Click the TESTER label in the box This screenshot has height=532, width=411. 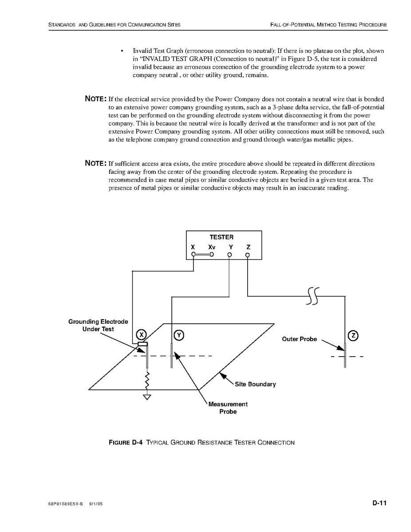pyautogui.click(x=221, y=237)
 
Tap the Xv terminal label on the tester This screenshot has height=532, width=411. pyautogui.click(x=212, y=247)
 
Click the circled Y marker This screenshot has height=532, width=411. pyautogui.click(x=178, y=335)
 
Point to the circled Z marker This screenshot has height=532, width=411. pyautogui.click(x=353, y=335)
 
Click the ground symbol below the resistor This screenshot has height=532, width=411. pyautogui.click(x=147, y=397)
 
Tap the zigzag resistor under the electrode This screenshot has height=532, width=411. pyautogui.click(x=147, y=380)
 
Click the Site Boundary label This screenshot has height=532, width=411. pyautogui.click(x=255, y=384)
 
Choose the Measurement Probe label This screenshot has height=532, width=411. pyautogui.click(x=228, y=408)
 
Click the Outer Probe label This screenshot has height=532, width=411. pyautogui.click(x=299, y=339)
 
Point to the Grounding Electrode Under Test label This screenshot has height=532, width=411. pyautogui.click(x=98, y=325)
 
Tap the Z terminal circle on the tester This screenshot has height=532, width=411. pyautogui.click(x=248, y=255)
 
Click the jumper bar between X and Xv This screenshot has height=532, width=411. pyautogui.click(x=202, y=255)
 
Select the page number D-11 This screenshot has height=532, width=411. pyautogui.click(x=379, y=503)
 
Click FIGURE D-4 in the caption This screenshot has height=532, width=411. pyautogui.click(x=126, y=443)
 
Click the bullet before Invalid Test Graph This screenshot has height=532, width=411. pyautogui.click(x=122, y=51)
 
